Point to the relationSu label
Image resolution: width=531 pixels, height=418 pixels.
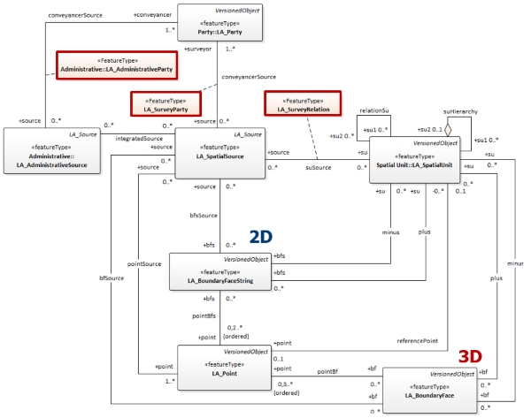pyautogui.click(x=373, y=112)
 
